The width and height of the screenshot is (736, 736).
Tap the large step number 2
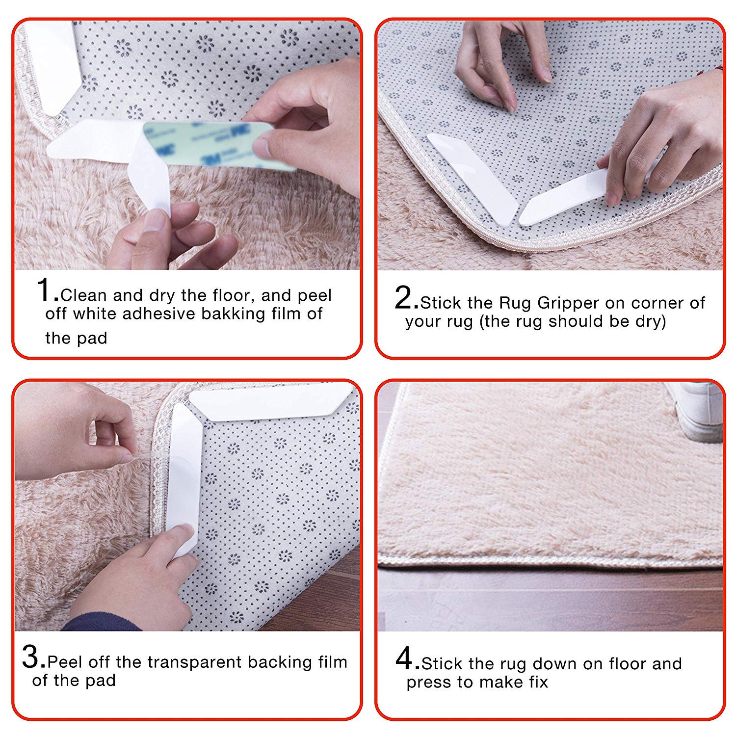coord(406,298)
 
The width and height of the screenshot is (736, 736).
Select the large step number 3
coord(33,658)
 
